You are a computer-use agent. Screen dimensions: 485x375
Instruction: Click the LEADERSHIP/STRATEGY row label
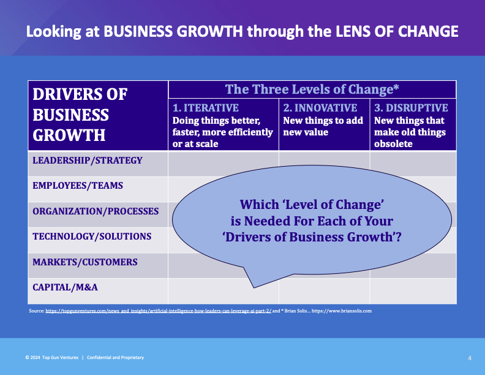pyautogui.click(x=88, y=161)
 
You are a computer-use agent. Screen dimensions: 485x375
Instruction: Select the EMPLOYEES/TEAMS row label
pyautogui.click(x=78, y=185)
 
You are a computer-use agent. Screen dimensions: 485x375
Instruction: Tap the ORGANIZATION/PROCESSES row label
pyautogui.click(x=96, y=211)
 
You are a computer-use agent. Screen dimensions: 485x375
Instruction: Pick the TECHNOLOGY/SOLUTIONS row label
pyautogui.click(x=92, y=237)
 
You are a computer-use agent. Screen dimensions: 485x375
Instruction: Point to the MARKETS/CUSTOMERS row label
pyautogui.click(x=85, y=262)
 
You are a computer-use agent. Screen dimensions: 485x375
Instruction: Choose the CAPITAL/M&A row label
pyautogui.click(x=65, y=287)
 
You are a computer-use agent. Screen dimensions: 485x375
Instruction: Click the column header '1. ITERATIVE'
pyautogui.click(x=205, y=108)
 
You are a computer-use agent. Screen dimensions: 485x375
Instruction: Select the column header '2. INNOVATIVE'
pyautogui.click(x=320, y=108)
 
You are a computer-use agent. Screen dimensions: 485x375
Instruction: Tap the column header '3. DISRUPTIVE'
pyautogui.click(x=411, y=108)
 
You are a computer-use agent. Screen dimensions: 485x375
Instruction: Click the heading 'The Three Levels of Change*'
pyautogui.click(x=312, y=89)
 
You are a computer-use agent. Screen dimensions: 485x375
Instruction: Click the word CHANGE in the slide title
pyautogui.click(x=428, y=32)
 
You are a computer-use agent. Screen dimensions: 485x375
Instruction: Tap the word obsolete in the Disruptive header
pyautogui.click(x=393, y=144)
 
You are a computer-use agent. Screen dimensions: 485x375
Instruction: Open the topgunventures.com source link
pyautogui.click(x=159, y=311)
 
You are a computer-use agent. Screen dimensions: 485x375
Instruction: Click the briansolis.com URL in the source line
pyautogui.click(x=342, y=311)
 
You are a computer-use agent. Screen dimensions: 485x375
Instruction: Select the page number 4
pyautogui.click(x=470, y=358)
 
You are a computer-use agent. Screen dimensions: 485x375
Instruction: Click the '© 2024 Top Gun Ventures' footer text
pyautogui.click(x=52, y=357)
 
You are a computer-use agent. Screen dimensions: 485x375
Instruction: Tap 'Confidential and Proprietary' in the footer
pyautogui.click(x=115, y=357)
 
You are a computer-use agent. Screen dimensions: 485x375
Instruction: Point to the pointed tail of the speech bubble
pyautogui.click(x=254, y=287)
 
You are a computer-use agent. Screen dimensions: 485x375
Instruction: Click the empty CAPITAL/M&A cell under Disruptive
pyautogui.click(x=413, y=291)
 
